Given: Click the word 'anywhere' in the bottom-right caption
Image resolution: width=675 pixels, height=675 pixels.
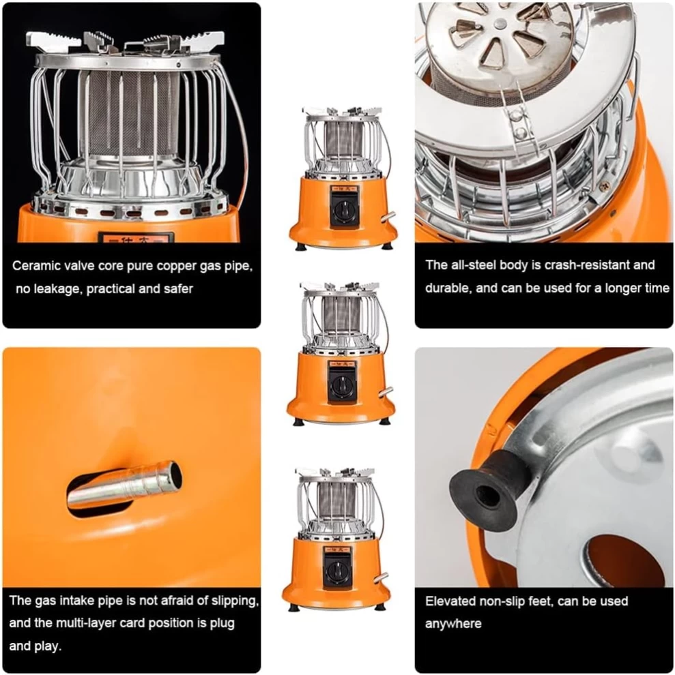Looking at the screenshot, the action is click(453, 624).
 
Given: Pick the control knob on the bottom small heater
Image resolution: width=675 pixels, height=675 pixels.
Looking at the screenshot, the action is click(336, 571).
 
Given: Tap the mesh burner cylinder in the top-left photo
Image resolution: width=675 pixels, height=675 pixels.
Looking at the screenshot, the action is click(130, 114).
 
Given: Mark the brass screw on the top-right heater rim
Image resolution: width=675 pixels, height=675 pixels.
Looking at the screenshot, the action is click(605, 187).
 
